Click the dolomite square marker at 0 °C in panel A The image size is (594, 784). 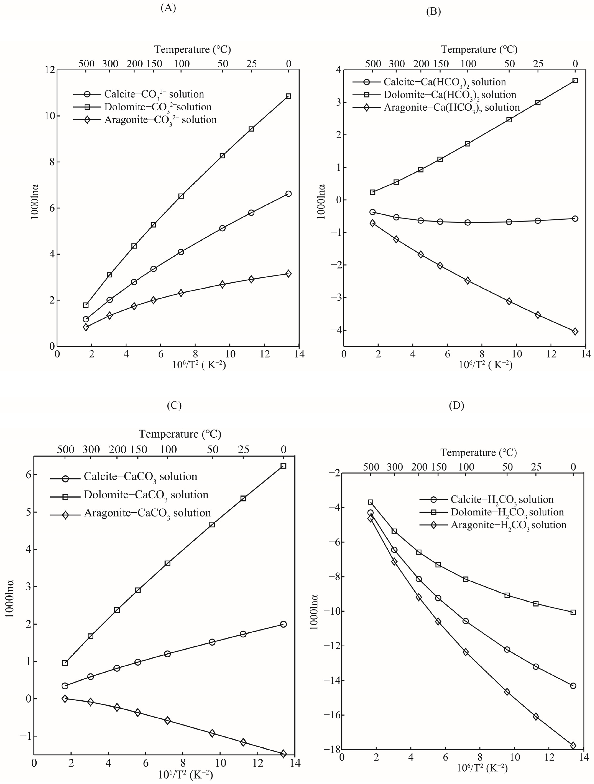tap(288, 96)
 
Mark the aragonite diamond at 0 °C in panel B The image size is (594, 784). tap(575, 331)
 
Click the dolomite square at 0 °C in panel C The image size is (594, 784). tap(283, 466)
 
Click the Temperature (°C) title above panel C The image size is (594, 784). tap(180, 434)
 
